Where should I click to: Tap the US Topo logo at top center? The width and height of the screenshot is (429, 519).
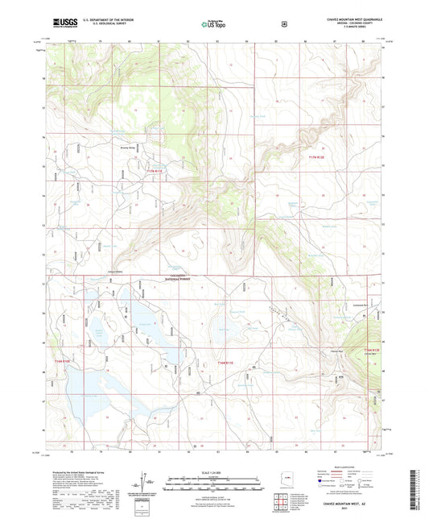216,24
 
